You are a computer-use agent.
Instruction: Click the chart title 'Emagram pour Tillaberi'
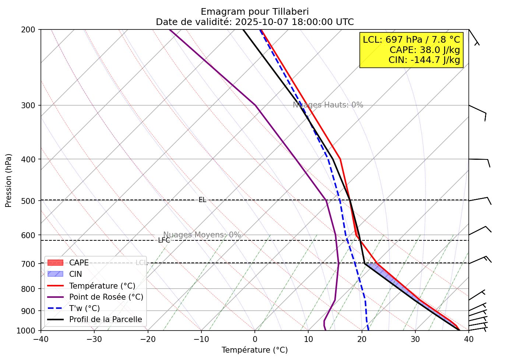pyautogui.click(x=254, y=12)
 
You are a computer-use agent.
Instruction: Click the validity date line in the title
pyautogui.click(x=254, y=22)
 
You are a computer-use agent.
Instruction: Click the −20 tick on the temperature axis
pyautogui.click(x=148, y=339)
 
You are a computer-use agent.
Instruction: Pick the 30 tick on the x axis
pyautogui.click(x=415, y=339)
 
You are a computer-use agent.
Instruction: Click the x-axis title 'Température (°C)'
pyautogui.click(x=254, y=350)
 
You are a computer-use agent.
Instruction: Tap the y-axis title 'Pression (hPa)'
pyautogui.click(x=9, y=180)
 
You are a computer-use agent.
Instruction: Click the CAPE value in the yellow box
pyautogui.click(x=425, y=50)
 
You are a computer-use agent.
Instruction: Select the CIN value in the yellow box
pyautogui.click(x=424, y=60)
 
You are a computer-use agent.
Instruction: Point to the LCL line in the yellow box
pyautogui.click(x=411, y=40)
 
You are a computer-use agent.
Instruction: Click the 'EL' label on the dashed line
pyautogui.click(x=203, y=200)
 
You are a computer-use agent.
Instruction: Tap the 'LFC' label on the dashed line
pyautogui.click(x=164, y=240)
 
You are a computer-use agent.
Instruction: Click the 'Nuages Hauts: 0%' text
pyautogui.click(x=328, y=105)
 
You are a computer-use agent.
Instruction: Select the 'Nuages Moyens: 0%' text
pyautogui.click(x=202, y=235)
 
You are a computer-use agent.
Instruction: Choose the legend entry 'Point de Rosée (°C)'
pyautogui.click(x=106, y=297)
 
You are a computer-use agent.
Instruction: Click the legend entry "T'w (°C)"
pyautogui.click(x=84, y=308)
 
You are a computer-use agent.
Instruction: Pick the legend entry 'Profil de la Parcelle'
pyautogui.click(x=105, y=320)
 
